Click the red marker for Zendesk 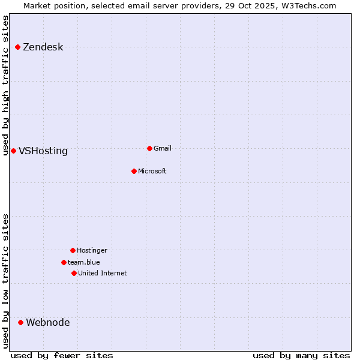click(x=18, y=47)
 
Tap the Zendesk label click(x=43, y=47)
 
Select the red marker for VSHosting click(x=13, y=151)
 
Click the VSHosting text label click(x=43, y=151)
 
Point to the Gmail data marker click(x=149, y=148)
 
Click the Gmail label click(x=163, y=149)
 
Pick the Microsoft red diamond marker click(x=134, y=171)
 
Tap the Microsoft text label click(x=152, y=172)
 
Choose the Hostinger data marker click(x=73, y=250)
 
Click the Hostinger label click(x=92, y=251)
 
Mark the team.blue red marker click(x=64, y=262)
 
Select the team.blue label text click(x=84, y=262)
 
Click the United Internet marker click(x=74, y=273)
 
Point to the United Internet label click(x=103, y=274)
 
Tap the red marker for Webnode click(x=20, y=322)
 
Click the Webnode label click(x=48, y=323)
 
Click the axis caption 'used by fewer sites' click(x=62, y=355)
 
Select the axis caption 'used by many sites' click(x=301, y=355)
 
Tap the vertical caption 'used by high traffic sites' click(x=6, y=85)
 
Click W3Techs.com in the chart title click(x=307, y=5)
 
